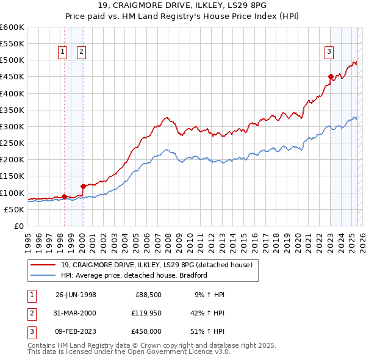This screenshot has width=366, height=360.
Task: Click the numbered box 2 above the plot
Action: [81, 52]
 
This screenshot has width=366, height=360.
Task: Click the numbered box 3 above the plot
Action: [329, 52]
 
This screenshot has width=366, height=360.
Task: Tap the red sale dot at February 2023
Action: [331, 77]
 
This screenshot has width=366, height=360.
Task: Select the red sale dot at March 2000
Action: [83, 186]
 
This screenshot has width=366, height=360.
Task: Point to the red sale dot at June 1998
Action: [64, 196]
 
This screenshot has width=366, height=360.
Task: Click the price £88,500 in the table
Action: [148, 295]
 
